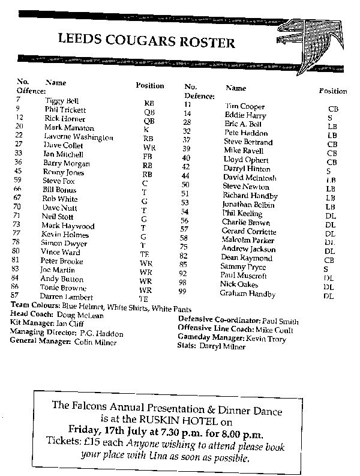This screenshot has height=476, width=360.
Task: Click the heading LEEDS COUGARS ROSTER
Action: tap(146, 41)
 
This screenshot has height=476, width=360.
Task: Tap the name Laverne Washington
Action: tap(79, 137)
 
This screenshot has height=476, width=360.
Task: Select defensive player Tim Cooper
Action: tap(240, 106)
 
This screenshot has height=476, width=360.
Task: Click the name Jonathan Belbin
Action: tap(245, 205)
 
